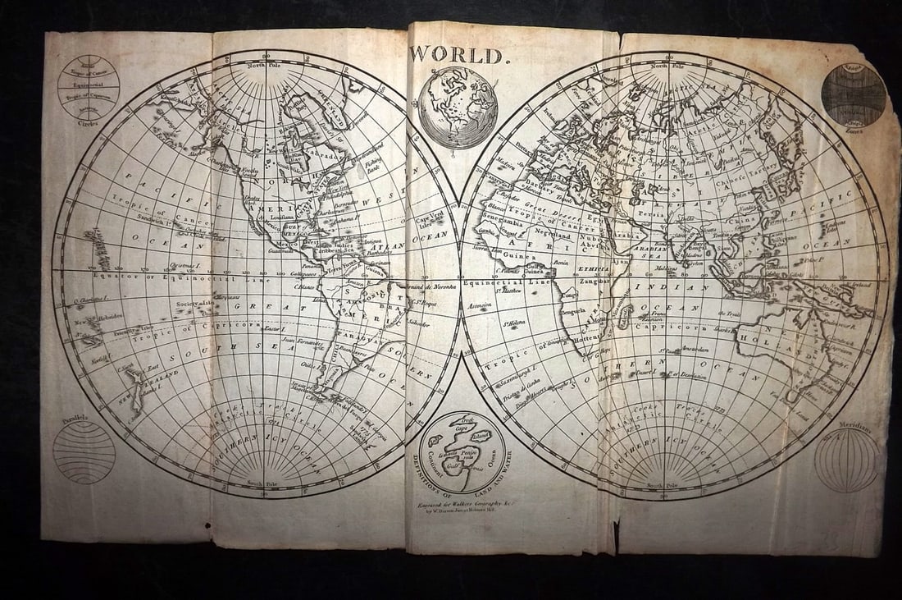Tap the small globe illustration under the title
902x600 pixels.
point(458,108)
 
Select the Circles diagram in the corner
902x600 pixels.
point(89,86)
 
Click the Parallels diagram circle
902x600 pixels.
point(84,451)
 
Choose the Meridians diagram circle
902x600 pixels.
point(846,460)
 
